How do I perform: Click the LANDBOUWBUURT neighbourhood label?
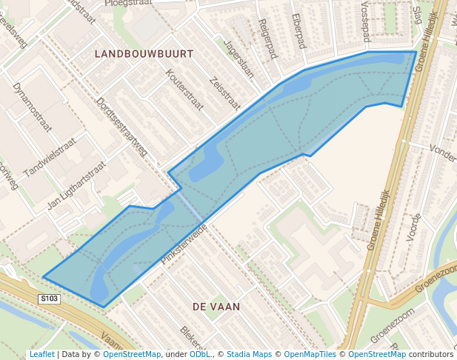pyautogui.click(x=144, y=54)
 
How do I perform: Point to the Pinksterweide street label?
pyautogui.click(x=183, y=244)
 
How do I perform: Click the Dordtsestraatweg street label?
pyautogui.click(x=122, y=127)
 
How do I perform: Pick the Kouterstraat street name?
pyautogui.click(x=184, y=90)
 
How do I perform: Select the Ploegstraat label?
pyautogui.click(x=128, y=3)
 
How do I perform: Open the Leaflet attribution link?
pyautogui.click(x=41, y=354)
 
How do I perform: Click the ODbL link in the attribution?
pyautogui.click(x=200, y=354)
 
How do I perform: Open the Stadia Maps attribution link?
pyautogui.click(x=249, y=354)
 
